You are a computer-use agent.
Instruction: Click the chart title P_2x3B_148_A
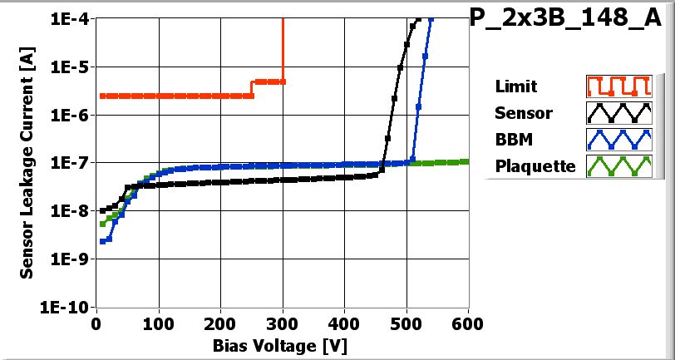point(571,19)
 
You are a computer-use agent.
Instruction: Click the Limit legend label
point(515,86)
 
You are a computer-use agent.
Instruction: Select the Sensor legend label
point(523,113)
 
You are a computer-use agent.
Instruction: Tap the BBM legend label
point(513,139)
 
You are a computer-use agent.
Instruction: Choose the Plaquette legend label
point(535,166)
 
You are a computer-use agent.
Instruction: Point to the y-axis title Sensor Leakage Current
point(28,161)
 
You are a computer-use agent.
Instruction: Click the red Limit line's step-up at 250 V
point(252,89)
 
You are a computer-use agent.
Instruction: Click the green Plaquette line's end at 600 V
point(466,161)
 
